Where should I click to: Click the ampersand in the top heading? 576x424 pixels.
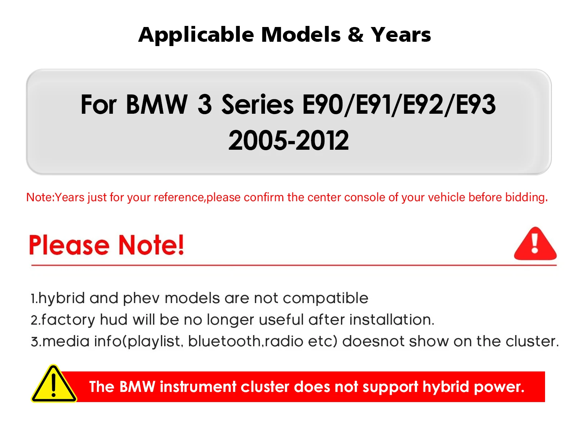356,35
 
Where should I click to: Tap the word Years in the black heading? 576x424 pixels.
401,35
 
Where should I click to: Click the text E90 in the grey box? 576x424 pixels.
323,104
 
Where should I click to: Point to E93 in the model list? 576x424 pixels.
476,104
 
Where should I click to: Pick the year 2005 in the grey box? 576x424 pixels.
257,140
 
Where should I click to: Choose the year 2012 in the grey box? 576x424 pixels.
322,140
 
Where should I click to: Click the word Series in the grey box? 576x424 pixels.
257,104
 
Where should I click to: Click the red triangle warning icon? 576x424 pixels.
535,244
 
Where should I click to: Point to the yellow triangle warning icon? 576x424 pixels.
54,384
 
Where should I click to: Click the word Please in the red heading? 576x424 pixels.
69,245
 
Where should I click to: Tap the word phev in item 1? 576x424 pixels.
141,299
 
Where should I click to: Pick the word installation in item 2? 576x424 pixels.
392,320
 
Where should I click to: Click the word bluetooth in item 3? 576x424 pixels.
225,342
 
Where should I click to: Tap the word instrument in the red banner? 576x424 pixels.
198,387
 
